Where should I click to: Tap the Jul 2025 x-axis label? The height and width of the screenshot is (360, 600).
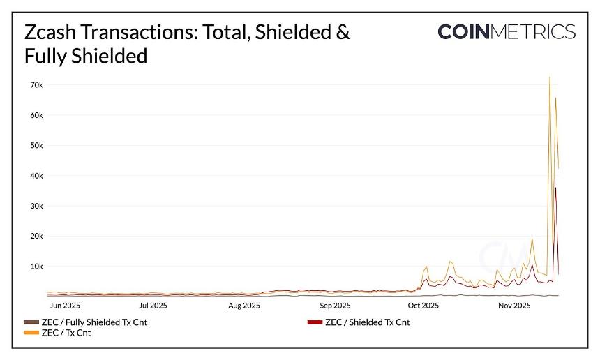153,305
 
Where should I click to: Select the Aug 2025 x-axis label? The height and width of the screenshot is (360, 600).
243,305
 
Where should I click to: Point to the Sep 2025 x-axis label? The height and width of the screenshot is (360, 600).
335,305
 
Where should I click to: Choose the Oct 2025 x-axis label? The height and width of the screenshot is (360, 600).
423,305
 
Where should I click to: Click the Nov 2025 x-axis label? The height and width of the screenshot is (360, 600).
513,305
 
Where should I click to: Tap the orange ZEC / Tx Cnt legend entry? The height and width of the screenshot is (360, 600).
66,333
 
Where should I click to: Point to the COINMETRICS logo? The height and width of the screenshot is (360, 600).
507,31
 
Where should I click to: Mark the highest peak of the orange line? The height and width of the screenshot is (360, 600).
550,77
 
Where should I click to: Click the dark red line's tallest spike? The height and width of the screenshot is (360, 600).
555,188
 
